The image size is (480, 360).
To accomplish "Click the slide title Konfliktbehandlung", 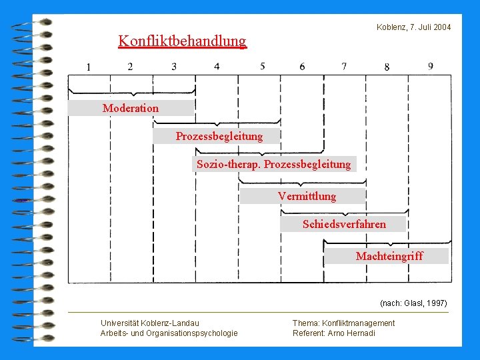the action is (182, 41).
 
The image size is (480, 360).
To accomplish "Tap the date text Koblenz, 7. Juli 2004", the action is (413, 27).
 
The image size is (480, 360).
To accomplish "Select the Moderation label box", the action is (131, 108).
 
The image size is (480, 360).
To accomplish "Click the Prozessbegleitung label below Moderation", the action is (219, 136).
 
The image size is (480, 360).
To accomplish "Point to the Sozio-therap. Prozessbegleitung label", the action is (273, 164).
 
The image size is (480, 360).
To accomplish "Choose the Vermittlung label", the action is (307, 196).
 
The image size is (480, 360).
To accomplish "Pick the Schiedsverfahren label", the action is (344, 224).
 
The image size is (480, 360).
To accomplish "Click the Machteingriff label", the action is (389, 256).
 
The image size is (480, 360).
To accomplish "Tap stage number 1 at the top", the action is (89, 67).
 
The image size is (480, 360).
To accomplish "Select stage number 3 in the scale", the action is (174, 67).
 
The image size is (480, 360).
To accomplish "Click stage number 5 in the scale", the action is (263, 66).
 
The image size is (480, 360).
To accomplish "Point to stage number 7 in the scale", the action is (344, 66).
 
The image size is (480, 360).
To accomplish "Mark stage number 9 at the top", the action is (431, 66).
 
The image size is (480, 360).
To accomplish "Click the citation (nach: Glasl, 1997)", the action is (413, 303).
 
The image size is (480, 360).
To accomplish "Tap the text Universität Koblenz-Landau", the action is (149, 323).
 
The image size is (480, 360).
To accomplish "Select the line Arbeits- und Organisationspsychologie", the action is (169, 333).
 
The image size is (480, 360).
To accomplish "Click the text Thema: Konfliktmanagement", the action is (343, 323).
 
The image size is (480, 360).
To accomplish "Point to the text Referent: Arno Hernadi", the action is (333, 333).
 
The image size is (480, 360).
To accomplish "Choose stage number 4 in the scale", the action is (217, 67).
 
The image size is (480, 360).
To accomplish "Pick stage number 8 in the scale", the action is (387, 67).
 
